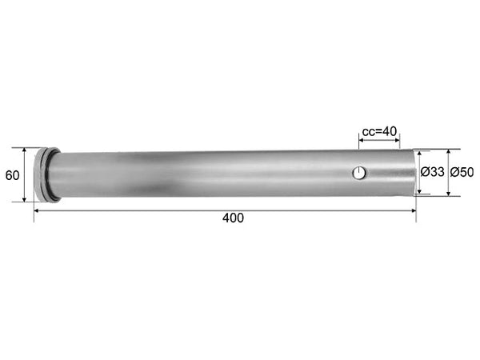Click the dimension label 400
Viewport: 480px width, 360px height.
tap(233, 218)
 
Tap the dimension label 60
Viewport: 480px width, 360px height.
tap(12, 175)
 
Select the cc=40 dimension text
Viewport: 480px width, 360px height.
tap(379, 132)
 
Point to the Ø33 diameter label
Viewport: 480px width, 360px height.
tap(432, 172)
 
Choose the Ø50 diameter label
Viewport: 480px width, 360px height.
tap(462, 172)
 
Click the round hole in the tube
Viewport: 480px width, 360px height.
tap(358, 173)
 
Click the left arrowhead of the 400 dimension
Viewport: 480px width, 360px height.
tap(36, 210)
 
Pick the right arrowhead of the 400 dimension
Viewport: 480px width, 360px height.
tap(414, 210)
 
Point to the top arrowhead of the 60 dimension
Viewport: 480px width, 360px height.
tap(25, 150)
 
